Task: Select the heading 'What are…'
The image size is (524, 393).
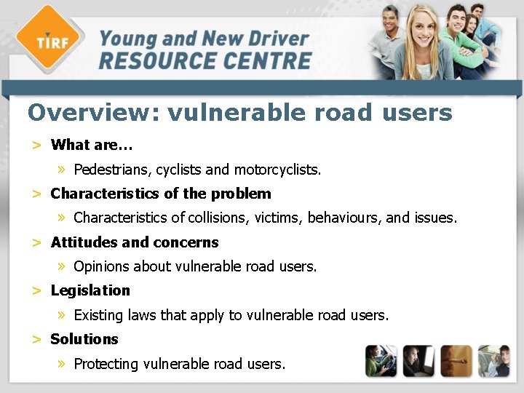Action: [x=92, y=145]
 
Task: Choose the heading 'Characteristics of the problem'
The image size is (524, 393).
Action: [x=160, y=194]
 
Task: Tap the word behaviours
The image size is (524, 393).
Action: [x=344, y=218]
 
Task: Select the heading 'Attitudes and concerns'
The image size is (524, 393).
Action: [x=135, y=242]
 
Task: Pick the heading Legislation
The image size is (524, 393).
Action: [x=90, y=290]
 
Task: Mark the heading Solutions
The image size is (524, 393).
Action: [x=84, y=339]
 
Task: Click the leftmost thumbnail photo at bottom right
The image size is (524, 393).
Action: [x=381, y=361]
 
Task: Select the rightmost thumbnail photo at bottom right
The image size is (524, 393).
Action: [x=493, y=361]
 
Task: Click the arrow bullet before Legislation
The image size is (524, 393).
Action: [x=36, y=291]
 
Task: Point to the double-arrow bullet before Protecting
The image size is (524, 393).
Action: [x=63, y=363]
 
